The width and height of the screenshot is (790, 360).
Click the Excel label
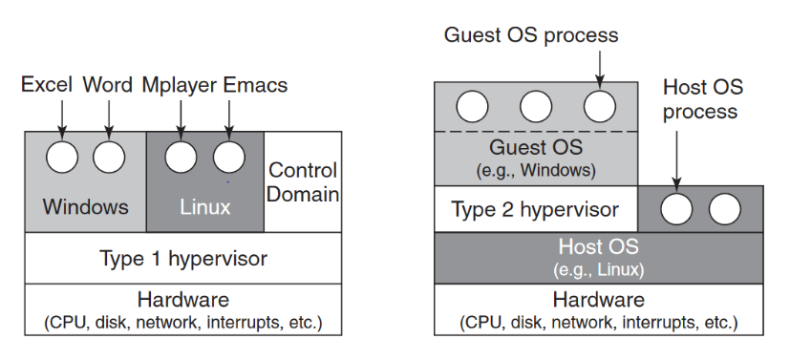(48, 86)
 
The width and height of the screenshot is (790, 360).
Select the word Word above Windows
(107, 86)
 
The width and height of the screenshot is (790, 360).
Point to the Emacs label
(255, 86)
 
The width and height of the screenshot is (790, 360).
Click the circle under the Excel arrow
(63, 157)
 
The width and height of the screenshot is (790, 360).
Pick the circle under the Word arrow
(109, 157)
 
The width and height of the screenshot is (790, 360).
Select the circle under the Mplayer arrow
(181, 157)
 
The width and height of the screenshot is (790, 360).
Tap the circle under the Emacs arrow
(228, 157)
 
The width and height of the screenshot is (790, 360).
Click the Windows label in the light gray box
(85, 206)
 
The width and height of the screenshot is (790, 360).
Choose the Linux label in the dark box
(205, 206)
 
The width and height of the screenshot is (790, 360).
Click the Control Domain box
(303, 182)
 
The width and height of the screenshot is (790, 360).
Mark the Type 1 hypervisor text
(183, 258)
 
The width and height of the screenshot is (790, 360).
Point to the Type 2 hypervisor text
(534, 209)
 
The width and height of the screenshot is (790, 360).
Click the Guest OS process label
(531, 35)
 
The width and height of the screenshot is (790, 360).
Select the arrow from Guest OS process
(599, 67)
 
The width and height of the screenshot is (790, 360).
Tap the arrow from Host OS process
(676, 153)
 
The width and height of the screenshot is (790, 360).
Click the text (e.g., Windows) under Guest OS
(535, 171)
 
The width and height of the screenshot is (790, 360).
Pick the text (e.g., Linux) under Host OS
(598, 267)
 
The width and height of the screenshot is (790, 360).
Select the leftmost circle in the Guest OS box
(471, 104)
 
